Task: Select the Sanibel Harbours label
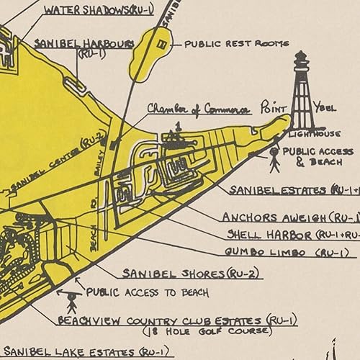coord(84,45)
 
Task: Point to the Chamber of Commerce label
coord(199,109)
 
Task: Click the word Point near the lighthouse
coord(274,107)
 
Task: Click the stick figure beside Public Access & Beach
coord(274,159)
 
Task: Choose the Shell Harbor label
coord(292,235)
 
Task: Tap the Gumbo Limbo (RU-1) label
coord(286,252)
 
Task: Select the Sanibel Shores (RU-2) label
coord(192,274)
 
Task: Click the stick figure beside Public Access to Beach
coord(71,298)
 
